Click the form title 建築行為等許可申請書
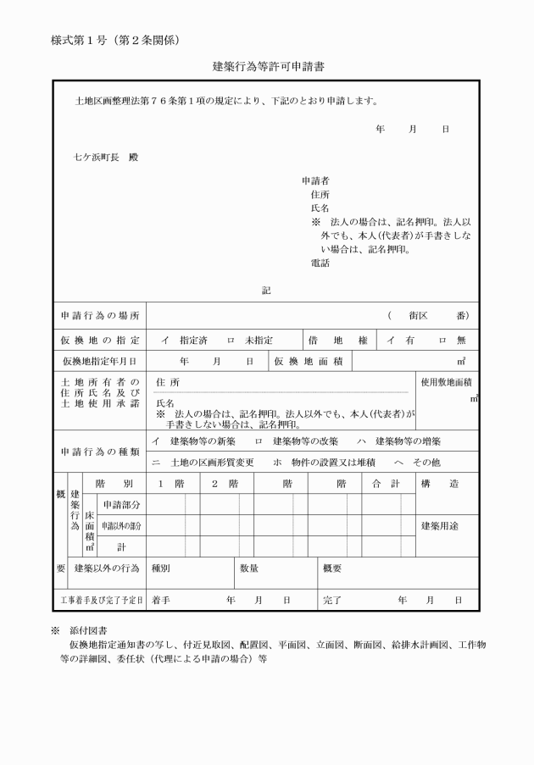coord(267,65)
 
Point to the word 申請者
coord(315,181)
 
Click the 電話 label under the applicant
coord(320,263)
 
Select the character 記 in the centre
coord(266,291)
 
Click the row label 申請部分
coord(121,505)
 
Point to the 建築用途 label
coord(440,526)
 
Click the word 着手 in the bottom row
coord(161,599)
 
